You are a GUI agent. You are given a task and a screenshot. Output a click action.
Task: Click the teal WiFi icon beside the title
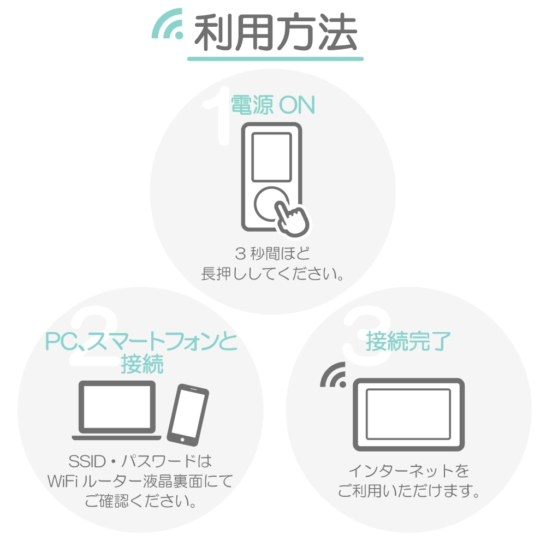167,25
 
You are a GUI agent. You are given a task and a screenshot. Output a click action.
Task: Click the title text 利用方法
275,32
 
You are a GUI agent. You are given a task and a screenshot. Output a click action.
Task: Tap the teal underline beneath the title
275,59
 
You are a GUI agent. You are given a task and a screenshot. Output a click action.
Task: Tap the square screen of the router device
271,157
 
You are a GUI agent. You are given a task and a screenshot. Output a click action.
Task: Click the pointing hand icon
292,218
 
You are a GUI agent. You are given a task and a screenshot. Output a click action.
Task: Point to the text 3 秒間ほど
272,253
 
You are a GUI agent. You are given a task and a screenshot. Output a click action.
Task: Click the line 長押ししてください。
272,274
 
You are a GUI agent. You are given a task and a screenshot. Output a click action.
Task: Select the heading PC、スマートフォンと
141,341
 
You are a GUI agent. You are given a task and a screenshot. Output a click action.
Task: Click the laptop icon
117,410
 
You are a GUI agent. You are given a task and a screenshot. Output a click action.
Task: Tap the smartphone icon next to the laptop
188,415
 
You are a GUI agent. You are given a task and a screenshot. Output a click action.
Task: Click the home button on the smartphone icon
182,440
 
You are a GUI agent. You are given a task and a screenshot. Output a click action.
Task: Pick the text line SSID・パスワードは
140,461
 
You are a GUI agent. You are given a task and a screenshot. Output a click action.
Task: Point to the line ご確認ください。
141,501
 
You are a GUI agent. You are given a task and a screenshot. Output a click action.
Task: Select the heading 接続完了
408,341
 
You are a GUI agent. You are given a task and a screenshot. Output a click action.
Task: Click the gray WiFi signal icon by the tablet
334,376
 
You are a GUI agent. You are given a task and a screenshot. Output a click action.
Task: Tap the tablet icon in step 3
409,414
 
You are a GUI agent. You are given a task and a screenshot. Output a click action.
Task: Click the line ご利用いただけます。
409,491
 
